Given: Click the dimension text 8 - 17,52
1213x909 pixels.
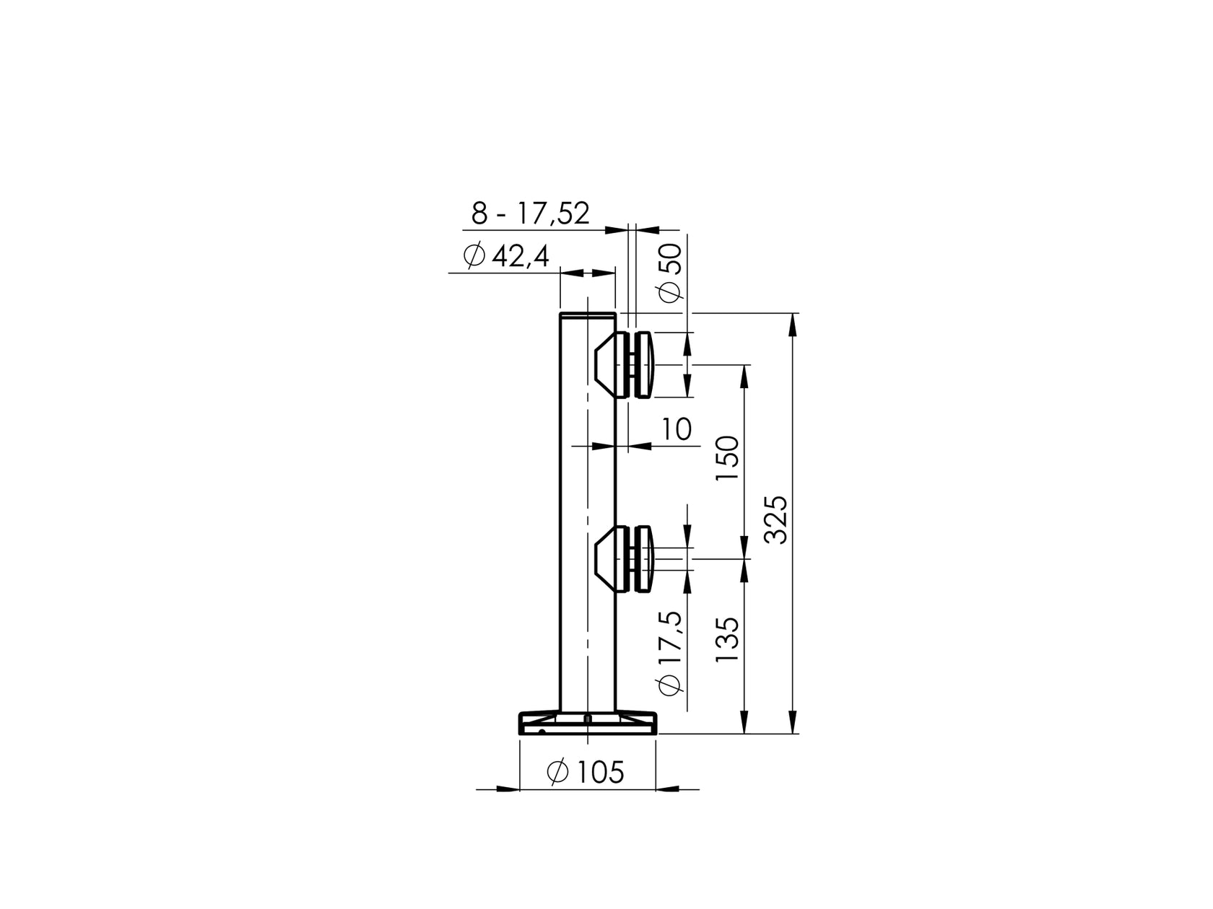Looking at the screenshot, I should [x=531, y=214].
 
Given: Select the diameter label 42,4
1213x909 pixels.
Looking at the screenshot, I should [x=505, y=256].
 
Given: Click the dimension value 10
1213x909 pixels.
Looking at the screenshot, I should [x=677, y=429].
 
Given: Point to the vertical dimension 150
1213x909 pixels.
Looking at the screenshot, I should [x=729, y=460].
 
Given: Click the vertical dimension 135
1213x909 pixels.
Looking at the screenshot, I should [x=729, y=640].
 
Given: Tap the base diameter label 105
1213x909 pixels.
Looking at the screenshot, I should [x=586, y=773].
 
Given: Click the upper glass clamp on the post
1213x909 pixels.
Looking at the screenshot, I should [x=625, y=365].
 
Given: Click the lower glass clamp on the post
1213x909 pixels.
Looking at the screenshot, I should [x=625, y=559].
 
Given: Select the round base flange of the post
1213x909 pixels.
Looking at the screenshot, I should [x=588, y=724].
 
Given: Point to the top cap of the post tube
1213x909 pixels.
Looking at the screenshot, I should [x=588, y=315].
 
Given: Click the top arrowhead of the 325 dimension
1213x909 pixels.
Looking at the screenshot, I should [x=794, y=323].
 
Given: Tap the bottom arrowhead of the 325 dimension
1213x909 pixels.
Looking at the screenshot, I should [x=794, y=724].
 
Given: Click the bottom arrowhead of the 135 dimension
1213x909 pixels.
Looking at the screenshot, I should [x=744, y=724].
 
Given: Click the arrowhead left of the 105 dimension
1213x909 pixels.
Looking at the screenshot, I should [x=508, y=789].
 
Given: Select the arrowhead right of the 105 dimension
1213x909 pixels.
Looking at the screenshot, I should [x=667, y=789].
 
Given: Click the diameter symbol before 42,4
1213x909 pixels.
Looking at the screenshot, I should [x=474, y=256].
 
